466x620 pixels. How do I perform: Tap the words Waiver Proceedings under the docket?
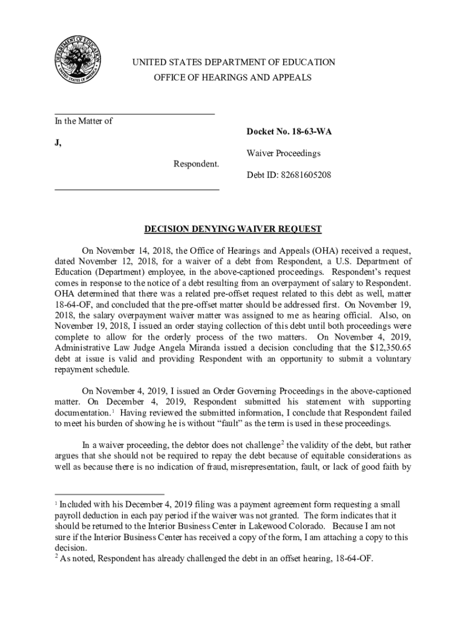click(283, 154)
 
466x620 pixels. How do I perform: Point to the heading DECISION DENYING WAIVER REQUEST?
click(232, 229)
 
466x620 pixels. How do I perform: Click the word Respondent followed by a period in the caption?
click(197, 164)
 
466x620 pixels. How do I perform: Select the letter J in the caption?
click(57, 143)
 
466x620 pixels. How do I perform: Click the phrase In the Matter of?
click(84, 121)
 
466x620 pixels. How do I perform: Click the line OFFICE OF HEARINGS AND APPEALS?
click(232, 77)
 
